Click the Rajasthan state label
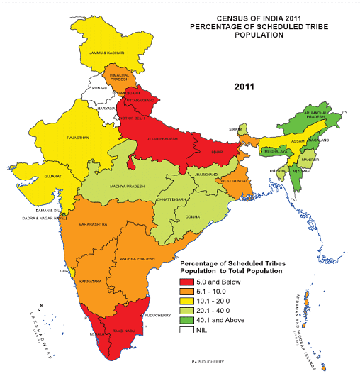point(77,138)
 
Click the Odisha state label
point(192,215)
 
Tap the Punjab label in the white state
point(100,89)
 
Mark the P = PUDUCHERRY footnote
point(207,362)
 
